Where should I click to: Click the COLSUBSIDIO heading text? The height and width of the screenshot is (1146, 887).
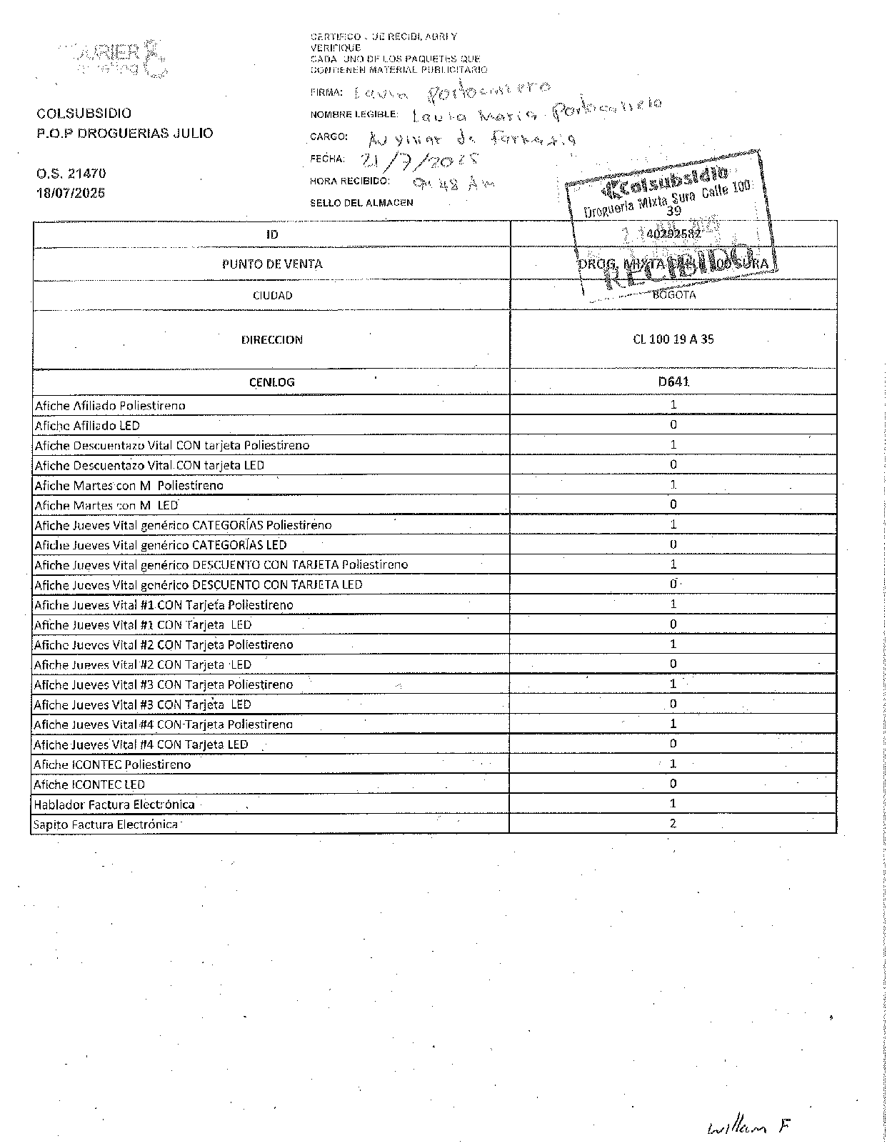pos(84,113)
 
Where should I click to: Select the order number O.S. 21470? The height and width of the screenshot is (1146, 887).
pos(71,173)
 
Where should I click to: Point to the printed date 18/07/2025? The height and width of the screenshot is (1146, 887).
pos(71,193)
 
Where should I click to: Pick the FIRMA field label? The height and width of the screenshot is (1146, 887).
pos(326,92)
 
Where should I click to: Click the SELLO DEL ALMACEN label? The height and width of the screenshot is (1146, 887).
pos(361,203)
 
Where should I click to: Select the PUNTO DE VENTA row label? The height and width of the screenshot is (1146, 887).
pos(272,264)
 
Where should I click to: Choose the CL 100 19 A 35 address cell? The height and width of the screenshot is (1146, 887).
pos(673,339)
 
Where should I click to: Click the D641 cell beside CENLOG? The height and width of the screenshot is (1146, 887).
pos(673,382)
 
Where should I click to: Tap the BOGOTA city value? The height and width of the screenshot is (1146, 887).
pos(673,294)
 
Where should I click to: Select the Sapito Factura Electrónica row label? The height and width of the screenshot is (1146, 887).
pos(106,824)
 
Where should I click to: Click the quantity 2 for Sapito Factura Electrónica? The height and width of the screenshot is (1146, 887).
pos(673,823)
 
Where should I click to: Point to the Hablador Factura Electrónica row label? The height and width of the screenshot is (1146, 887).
pos(114,804)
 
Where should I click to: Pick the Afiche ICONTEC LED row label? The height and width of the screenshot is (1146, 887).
pos(89,784)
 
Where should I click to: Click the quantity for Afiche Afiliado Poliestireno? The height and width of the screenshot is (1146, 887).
pos(673,404)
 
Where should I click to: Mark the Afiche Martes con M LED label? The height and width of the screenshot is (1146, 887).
pos(106,505)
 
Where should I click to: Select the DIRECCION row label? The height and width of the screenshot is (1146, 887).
pos(272,339)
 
